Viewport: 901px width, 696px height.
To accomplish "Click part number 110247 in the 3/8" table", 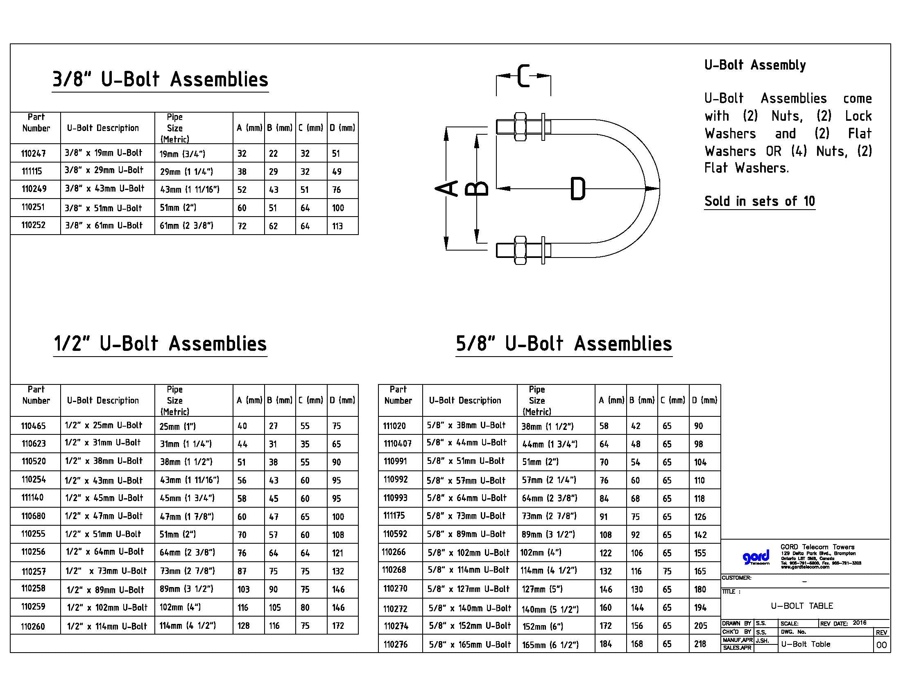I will click(34, 154).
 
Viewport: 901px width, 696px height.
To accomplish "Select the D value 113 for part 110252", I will click(337, 226).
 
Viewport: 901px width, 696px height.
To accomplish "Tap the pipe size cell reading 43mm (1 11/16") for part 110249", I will click(189, 190).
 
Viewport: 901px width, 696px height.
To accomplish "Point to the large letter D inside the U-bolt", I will click(577, 189).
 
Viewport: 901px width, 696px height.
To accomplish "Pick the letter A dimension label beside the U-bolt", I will click(446, 188).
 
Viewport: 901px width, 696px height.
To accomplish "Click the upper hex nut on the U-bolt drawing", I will click(520, 127).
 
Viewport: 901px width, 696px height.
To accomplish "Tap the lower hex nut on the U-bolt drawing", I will click(520, 250).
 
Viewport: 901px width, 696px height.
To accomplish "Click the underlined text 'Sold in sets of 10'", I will click(759, 201).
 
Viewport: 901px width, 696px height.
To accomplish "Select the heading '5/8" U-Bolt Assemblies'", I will click(564, 344).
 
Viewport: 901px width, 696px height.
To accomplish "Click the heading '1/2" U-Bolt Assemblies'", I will click(160, 344).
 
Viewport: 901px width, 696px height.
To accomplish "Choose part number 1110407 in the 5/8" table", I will click(397, 444).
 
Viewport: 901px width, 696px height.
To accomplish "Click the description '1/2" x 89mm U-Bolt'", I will click(105, 590).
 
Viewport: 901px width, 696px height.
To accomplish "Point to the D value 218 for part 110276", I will click(700, 644).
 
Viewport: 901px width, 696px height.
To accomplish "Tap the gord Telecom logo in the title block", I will click(755, 558).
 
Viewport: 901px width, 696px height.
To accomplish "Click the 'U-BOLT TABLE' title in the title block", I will click(801, 606).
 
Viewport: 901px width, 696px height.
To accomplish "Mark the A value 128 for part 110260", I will click(243, 626).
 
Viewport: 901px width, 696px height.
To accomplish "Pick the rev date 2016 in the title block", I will click(859, 623).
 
